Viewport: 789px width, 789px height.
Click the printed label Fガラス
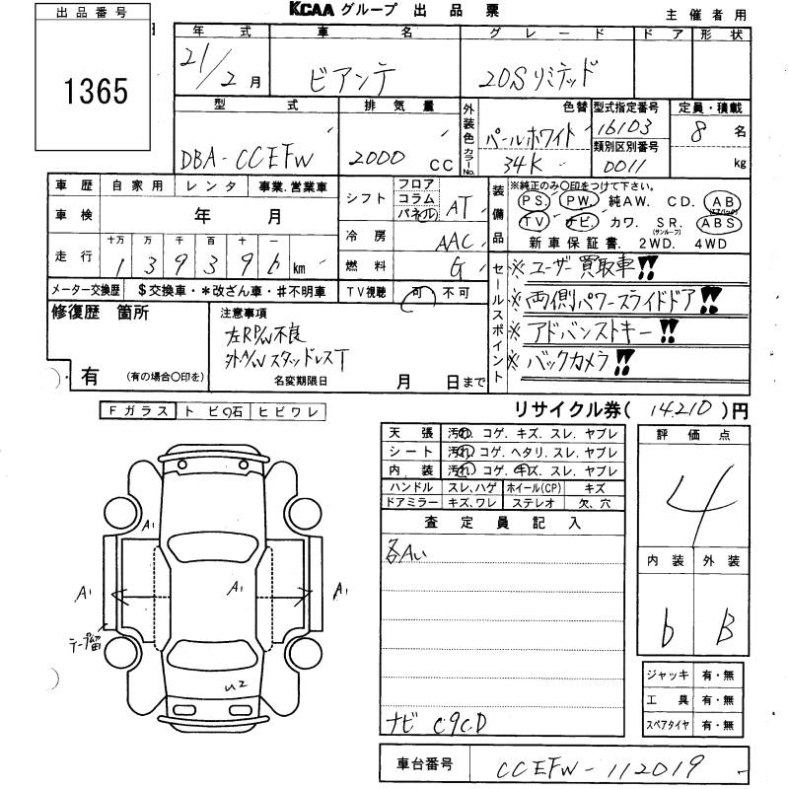point(138,411)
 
